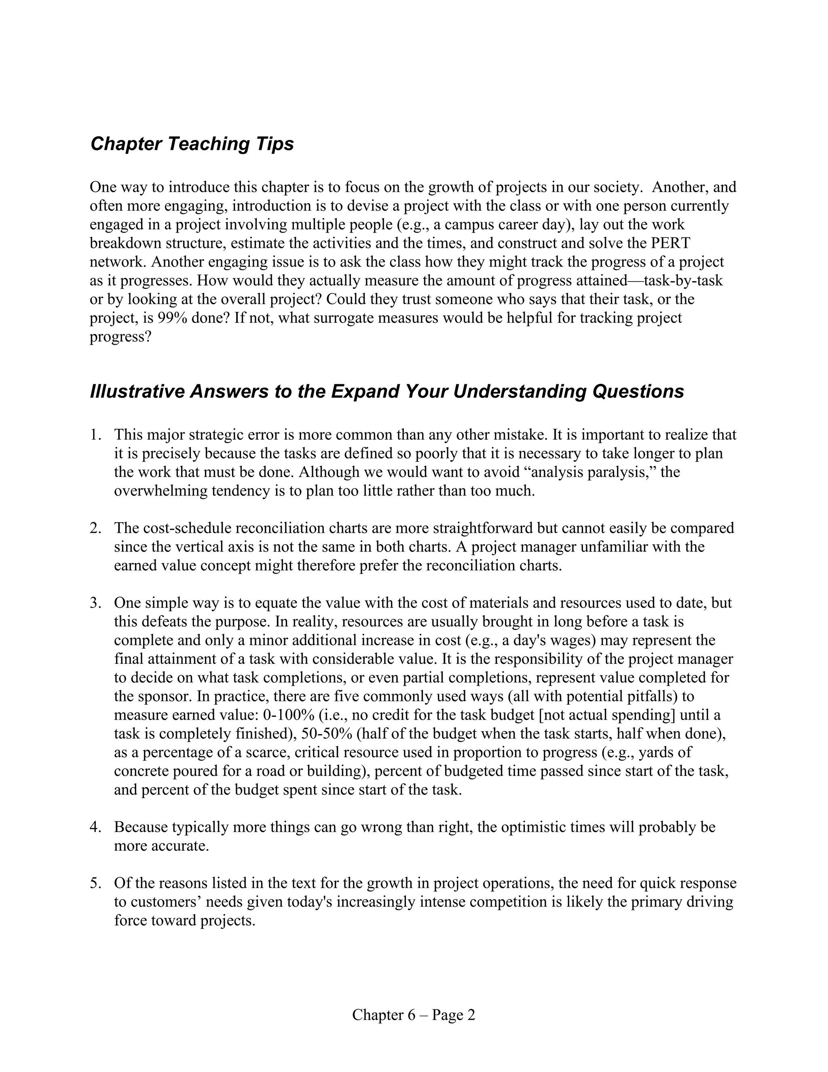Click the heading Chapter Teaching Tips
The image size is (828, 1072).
click(x=192, y=144)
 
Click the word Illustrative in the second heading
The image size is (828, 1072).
click(x=137, y=392)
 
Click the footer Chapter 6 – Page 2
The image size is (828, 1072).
click(x=414, y=1015)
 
